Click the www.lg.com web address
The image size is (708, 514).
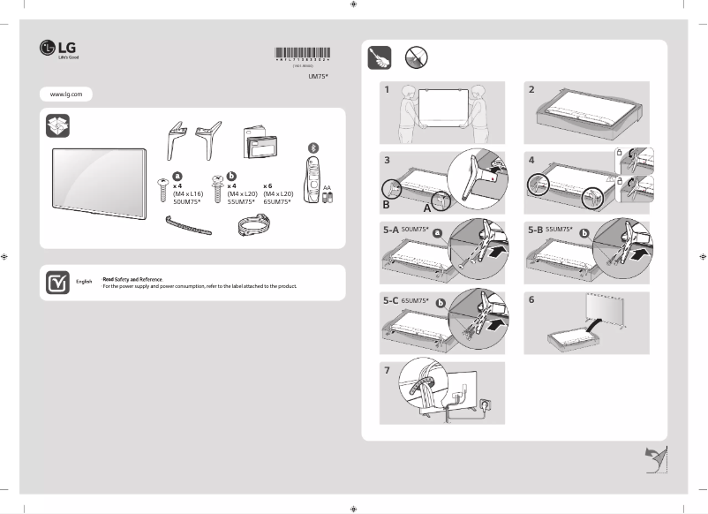click(66, 94)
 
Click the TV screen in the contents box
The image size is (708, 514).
click(97, 181)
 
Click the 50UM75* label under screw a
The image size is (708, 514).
click(188, 201)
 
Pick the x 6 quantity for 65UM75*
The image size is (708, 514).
click(267, 186)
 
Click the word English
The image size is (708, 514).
click(84, 281)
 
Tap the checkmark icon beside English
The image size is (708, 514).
click(57, 283)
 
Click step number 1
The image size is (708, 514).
click(387, 90)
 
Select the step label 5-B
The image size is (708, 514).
click(535, 230)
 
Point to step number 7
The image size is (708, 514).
click(387, 370)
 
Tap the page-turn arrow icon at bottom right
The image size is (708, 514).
click(653, 459)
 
